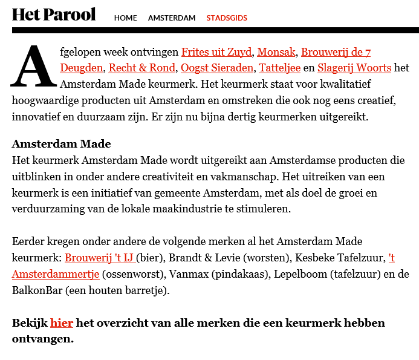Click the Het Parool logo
click(54, 15)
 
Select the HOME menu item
click(126, 18)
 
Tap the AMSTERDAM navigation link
click(172, 18)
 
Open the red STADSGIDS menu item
click(227, 18)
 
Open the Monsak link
click(276, 52)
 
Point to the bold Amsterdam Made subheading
click(62, 145)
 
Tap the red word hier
click(62, 323)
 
